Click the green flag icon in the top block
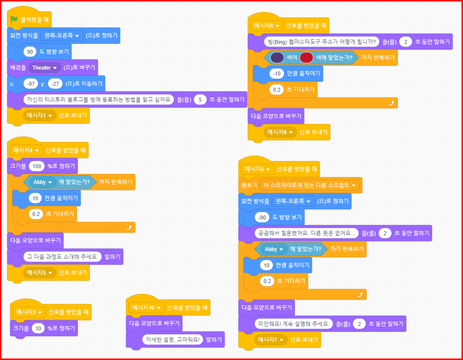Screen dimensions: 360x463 (14, 20)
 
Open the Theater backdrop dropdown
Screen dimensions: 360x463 (44, 68)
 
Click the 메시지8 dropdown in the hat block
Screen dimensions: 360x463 (266, 25)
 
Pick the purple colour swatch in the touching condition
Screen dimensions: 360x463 (277, 58)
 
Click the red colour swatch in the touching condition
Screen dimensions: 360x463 (306, 58)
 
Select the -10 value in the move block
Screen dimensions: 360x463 (277, 74)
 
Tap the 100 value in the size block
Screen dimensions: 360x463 (37, 166)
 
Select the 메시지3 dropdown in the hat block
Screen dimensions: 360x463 (30, 312)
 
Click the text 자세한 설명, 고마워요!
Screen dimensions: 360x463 (173, 340)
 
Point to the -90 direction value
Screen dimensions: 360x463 (262, 217)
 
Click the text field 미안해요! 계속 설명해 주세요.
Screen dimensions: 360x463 (292, 324)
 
